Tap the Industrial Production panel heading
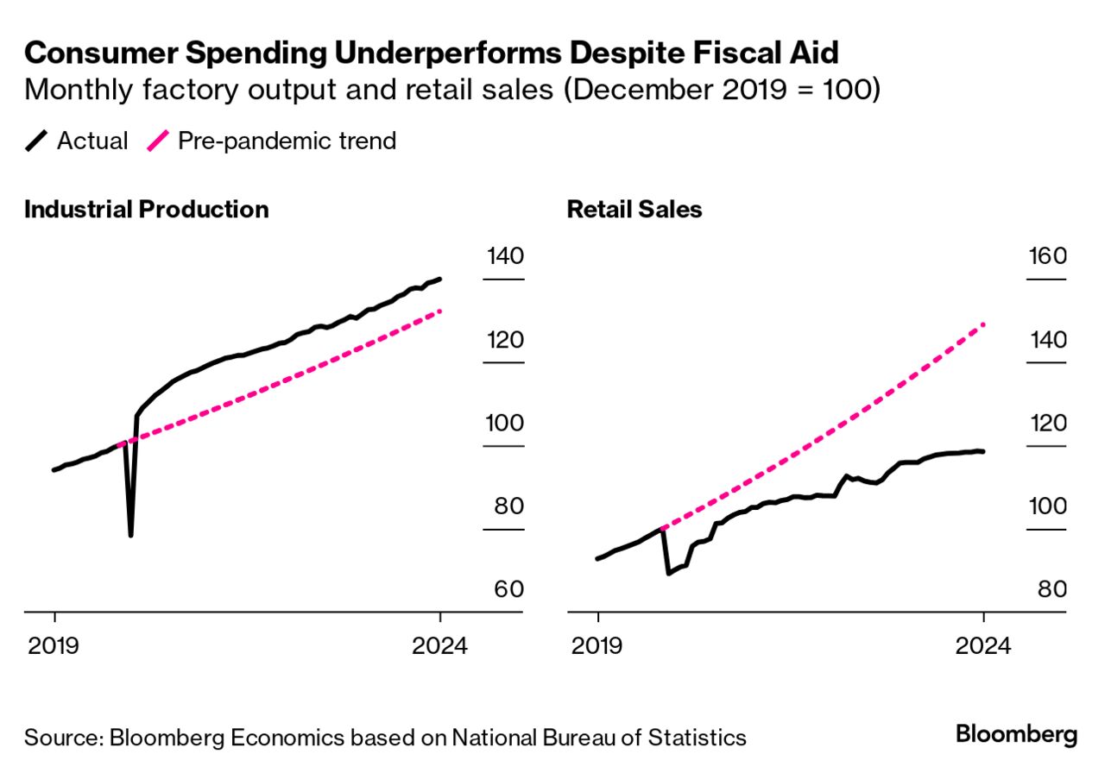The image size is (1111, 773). tap(147, 210)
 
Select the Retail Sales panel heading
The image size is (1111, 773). tap(634, 210)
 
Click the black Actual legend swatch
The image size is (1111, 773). tap(37, 141)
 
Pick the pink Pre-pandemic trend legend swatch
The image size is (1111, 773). tap(159, 141)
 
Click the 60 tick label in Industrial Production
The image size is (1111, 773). tap(508, 590)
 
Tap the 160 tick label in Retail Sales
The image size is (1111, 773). tap(1048, 256)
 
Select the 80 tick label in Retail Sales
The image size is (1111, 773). tap(1051, 590)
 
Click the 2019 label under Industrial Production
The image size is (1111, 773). tap(54, 646)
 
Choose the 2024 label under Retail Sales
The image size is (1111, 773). tap(983, 646)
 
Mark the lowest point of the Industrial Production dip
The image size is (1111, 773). tap(130, 535)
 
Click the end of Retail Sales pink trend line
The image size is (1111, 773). tap(984, 324)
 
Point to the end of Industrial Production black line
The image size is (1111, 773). tap(440, 279)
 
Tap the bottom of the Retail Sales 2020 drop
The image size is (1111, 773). tap(668, 573)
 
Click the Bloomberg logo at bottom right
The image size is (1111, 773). tap(1017, 735)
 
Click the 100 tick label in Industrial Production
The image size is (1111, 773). tap(505, 424)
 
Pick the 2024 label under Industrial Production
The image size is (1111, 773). tap(440, 646)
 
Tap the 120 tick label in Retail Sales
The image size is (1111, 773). tap(1048, 424)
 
